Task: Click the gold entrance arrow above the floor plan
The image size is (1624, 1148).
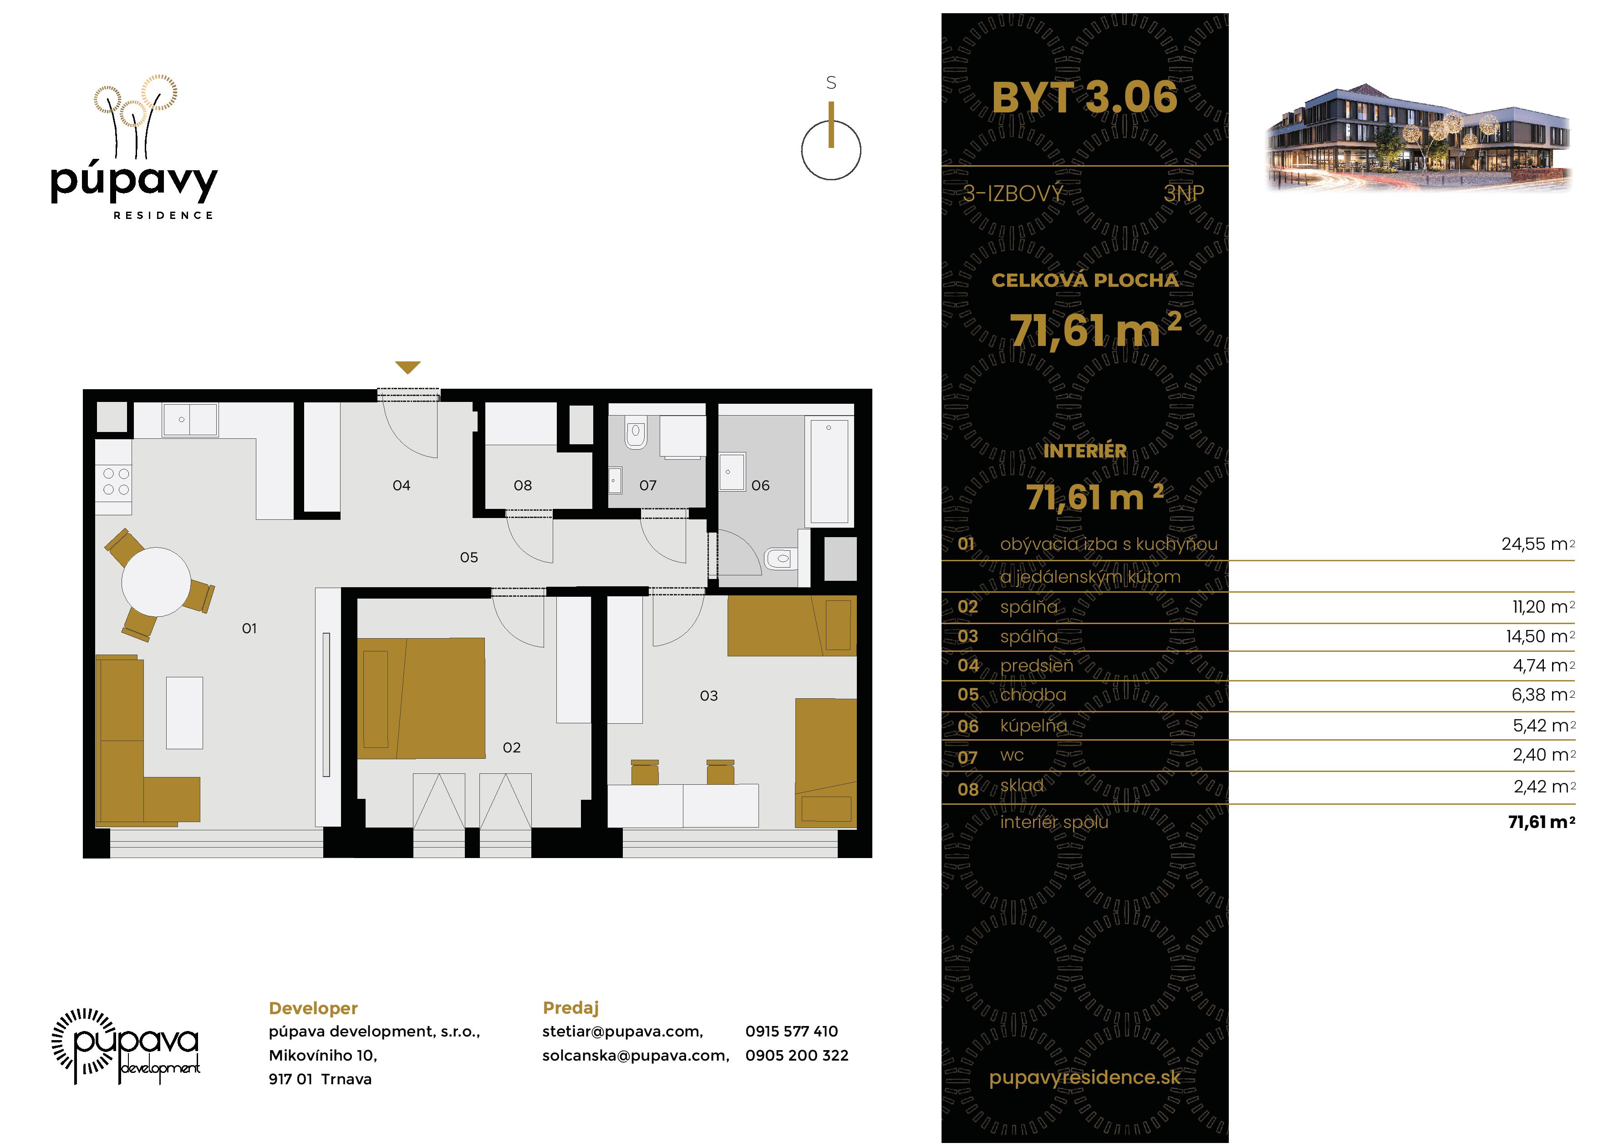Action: (408, 367)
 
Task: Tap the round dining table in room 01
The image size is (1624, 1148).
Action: (156, 581)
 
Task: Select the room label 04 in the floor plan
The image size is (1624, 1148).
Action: (401, 485)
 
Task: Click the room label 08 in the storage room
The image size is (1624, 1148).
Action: (523, 485)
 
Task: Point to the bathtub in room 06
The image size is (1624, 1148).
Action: (830, 470)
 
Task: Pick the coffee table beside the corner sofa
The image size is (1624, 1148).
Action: (184, 712)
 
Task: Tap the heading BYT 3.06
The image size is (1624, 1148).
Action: (1084, 97)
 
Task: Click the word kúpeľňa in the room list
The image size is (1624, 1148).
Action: (1033, 725)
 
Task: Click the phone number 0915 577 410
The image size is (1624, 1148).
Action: (791, 1031)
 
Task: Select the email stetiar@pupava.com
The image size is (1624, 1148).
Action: (622, 1032)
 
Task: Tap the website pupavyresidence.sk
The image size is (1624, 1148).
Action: (1084, 1077)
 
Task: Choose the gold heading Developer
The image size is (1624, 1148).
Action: (313, 1008)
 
